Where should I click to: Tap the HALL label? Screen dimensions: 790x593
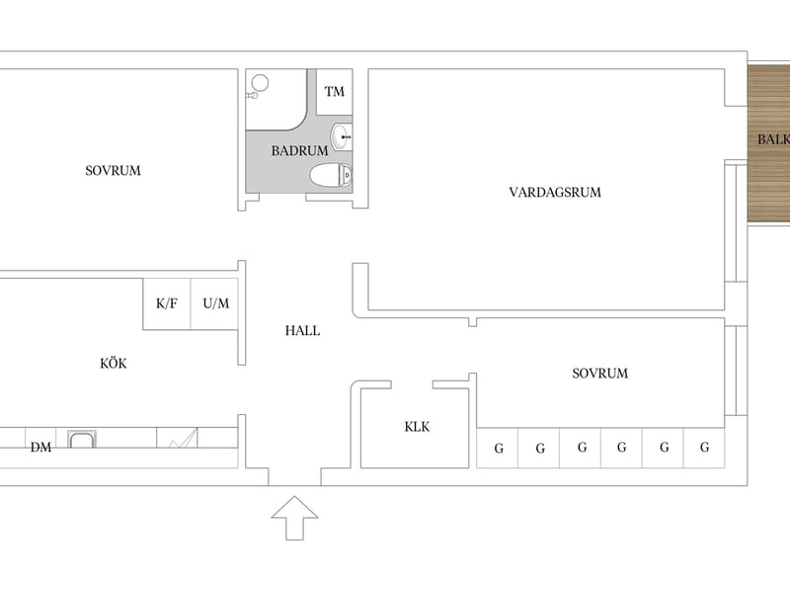pyautogui.click(x=302, y=331)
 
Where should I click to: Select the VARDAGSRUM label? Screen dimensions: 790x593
pyautogui.click(x=555, y=192)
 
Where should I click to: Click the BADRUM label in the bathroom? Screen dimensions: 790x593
pyautogui.click(x=299, y=151)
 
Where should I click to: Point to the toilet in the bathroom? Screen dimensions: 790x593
pyautogui.click(x=331, y=176)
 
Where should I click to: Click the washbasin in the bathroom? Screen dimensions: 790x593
pyautogui.click(x=341, y=136)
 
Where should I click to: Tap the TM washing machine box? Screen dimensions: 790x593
pyautogui.click(x=335, y=92)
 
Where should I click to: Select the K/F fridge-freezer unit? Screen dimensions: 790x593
pyautogui.click(x=167, y=304)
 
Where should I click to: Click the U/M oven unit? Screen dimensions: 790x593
pyautogui.click(x=214, y=304)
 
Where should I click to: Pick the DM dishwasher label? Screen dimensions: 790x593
pyautogui.click(x=40, y=448)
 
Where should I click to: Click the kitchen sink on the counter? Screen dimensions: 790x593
pyautogui.click(x=82, y=439)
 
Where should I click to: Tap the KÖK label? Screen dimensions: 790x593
pyautogui.click(x=114, y=363)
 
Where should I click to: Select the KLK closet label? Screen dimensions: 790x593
pyautogui.click(x=417, y=427)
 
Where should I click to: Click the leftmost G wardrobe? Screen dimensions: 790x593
pyautogui.click(x=498, y=448)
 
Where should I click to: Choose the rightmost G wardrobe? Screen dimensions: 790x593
pyautogui.click(x=704, y=448)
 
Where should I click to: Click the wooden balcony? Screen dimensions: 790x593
pyautogui.click(x=769, y=142)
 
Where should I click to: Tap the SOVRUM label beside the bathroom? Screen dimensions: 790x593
pyautogui.click(x=113, y=170)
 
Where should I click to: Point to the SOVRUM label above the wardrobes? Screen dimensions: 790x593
pyautogui.click(x=600, y=374)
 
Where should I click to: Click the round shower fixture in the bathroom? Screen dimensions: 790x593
pyautogui.click(x=260, y=83)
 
